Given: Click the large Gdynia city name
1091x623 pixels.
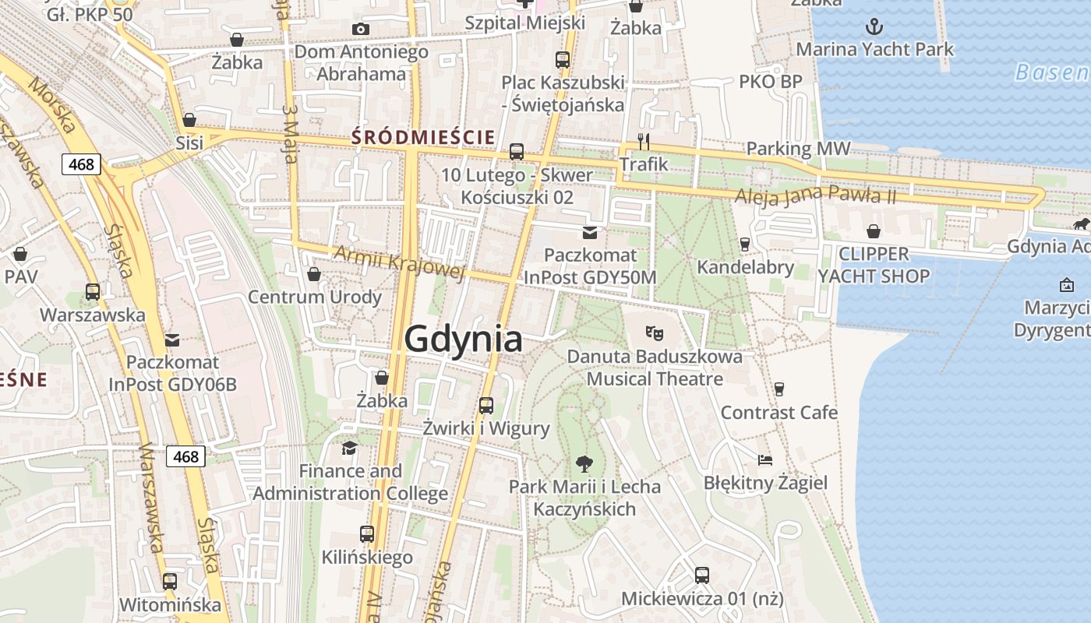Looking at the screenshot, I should [x=464, y=340].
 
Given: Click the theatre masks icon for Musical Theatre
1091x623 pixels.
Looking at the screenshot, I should [x=655, y=333].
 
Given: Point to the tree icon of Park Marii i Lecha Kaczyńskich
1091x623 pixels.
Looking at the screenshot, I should [x=584, y=464].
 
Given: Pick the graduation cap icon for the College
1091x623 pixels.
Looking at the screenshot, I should [x=350, y=448].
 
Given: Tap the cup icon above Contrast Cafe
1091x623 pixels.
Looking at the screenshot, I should [x=779, y=389].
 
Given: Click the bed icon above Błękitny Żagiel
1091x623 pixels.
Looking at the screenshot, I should [x=765, y=459].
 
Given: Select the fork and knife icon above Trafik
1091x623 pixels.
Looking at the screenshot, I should [x=644, y=141].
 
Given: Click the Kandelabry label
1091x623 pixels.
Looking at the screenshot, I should [x=745, y=267].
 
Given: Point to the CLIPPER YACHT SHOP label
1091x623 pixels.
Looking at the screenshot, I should [x=874, y=265].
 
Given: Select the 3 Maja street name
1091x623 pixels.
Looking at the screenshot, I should [x=291, y=134].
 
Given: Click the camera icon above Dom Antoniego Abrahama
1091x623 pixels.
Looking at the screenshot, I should [x=360, y=30].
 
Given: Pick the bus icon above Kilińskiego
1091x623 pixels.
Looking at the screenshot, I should [x=367, y=534].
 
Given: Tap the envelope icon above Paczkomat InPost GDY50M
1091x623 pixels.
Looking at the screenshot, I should [x=590, y=232].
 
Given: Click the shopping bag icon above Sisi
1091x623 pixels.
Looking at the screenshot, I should [x=189, y=120].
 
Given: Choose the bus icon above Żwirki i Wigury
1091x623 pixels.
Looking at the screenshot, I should [x=486, y=405].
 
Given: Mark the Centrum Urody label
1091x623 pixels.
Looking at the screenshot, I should [x=315, y=297].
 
